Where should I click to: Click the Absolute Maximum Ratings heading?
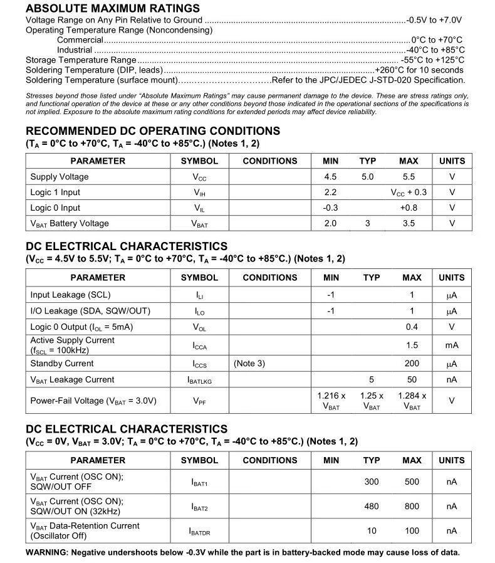pyautogui.click(x=113, y=8)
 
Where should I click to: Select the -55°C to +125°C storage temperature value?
pyautogui.click(x=432, y=60)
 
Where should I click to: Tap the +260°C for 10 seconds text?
pyautogui.click(x=419, y=70)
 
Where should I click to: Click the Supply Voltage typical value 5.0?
pyautogui.click(x=368, y=177)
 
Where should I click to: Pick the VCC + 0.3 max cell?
pyautogui.click(x=409, y=192)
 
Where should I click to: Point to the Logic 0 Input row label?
pyautogui.click(x=55, y=208)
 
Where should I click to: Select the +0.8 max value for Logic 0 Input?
pyautogui.click(x=409, y=208)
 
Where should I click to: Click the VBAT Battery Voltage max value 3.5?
pyautogui.click(x=409, y=224)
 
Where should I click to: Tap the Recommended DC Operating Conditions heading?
pyautogui.click(x=153, y=131)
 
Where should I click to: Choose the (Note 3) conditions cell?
pyautogui.click(x=249, y=364)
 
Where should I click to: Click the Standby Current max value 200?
pyautogui.click(x=412, y=364)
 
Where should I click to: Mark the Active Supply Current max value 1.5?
pyautogui.click(x=412, y=345)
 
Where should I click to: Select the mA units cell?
pyautogui.click(x=452, y=345)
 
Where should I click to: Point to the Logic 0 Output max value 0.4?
pyautogui.click(x=412, y=327)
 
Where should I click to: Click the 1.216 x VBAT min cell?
pyautogui.click(x=331, y=401)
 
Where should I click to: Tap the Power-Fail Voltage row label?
pyautogui.click(x=93, y=401)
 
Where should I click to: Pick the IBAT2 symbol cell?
pyautogui.click(x=199, y=507)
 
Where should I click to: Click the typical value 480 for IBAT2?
pyautogui.click(x=372, y=507)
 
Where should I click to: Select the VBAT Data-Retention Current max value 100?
pyautogui.click(x=412, y=531)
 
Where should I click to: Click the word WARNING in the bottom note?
pyautogui.click(x=46, y=552)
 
